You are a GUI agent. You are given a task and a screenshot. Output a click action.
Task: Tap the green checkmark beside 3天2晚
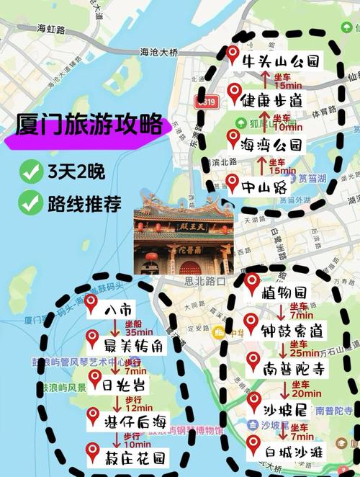[x=30, y=171]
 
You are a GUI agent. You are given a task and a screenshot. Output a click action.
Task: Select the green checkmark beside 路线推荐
[x=30, y=203]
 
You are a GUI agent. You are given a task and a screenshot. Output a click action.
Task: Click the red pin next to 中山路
[x=232, y=182]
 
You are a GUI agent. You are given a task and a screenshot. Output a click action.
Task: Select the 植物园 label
[x=284, y=293]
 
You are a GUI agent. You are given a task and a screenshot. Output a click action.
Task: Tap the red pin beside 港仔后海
[x=92, y=416]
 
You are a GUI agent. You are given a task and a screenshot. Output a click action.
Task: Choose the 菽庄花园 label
[x=134, y=457]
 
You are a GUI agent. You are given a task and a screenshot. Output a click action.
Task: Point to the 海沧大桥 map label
[x=159, y=52]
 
